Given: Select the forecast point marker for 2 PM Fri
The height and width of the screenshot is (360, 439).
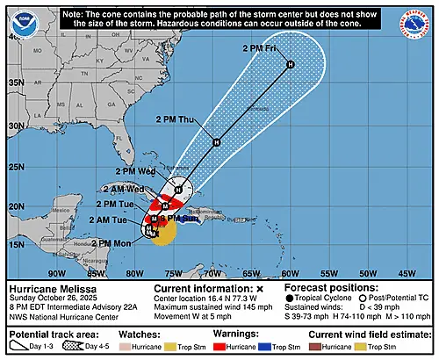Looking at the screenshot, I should pos(290,65).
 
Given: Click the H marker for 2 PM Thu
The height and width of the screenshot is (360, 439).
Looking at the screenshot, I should pos(215,142).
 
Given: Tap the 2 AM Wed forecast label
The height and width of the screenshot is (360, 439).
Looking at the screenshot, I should pos(122,189).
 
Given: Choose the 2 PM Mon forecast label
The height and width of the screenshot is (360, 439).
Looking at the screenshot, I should pos(113,242).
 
